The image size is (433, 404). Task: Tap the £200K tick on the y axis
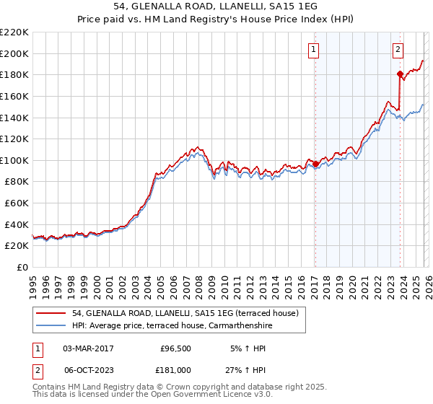click(x=15, y=53)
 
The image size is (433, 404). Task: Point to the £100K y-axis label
click(x=15, y=160)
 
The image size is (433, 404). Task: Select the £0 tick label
click(x=22, y=267)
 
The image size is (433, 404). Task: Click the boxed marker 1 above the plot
click(x=315, y=50)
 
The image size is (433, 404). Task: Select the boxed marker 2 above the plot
click(x=398, y=50)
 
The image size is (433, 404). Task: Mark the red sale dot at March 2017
click(x=315, y=164)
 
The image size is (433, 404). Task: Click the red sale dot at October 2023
click(x=400, y=74)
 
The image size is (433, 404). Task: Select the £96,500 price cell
click(x=175, y=348)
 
